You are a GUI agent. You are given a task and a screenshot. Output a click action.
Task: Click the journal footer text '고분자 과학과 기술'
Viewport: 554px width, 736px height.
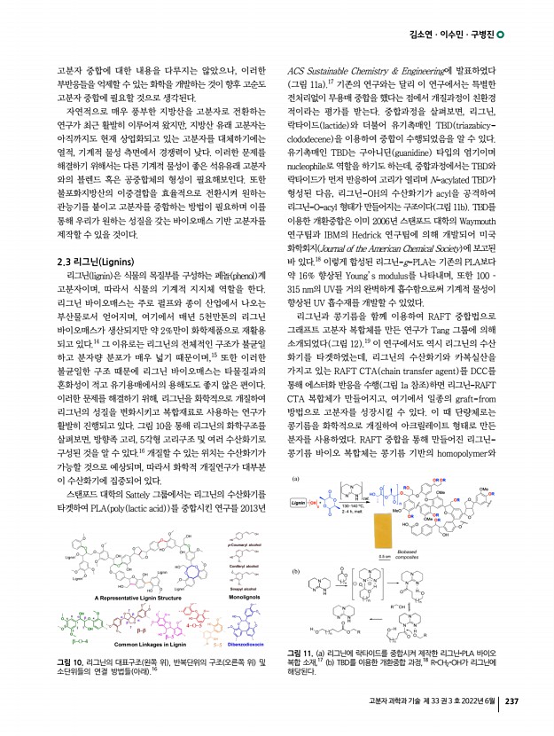pyautogui.click(x=401, y=702)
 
